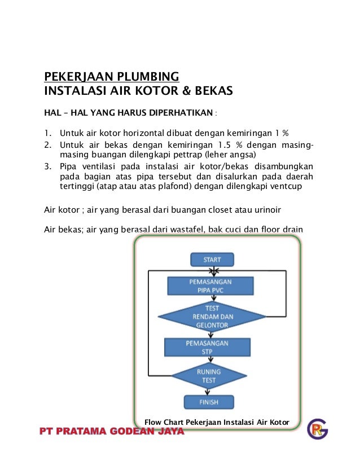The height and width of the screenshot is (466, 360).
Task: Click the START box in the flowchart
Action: [x=212, y=260]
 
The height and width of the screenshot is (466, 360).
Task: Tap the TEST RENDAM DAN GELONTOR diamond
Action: [x=212, y=315]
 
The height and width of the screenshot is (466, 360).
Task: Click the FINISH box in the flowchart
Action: [x=209, y=402]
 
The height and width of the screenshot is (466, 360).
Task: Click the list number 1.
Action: [x=48, y=133]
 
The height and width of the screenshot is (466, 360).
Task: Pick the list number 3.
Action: [x=48, y=166]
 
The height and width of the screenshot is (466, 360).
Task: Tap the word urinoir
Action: [x=265, y=210]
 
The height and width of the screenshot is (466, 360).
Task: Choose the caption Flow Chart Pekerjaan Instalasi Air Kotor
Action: [x=217, y=423]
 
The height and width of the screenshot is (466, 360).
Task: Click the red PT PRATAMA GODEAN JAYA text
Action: [x=112, y=432]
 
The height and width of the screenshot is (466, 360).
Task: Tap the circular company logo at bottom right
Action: [x=317, y=429]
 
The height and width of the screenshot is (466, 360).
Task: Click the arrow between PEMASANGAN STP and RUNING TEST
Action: [x=209, y=361]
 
